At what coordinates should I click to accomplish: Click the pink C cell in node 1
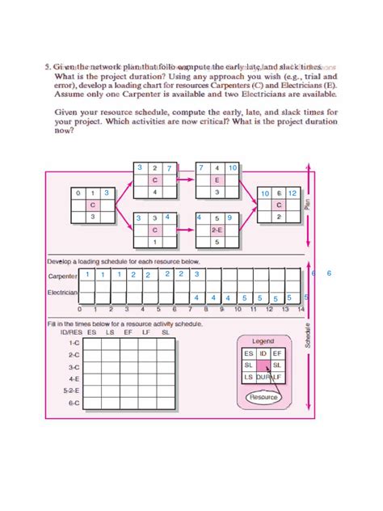point(93,205)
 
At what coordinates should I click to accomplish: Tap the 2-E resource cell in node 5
point(217,230)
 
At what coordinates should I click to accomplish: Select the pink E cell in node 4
point(217,180)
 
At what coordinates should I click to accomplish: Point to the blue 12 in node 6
point(292,194)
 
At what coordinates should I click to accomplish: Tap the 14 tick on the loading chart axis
point(301,310)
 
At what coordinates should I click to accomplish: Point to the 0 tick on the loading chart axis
point(79,310)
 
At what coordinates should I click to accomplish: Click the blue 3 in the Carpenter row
point(196,275)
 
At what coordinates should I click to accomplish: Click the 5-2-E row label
point(72,390)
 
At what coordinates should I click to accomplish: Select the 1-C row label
point(74,343)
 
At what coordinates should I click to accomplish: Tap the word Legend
point(263,340)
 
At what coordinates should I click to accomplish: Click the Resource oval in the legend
point(263,397)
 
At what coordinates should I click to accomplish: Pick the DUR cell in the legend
point(263,378)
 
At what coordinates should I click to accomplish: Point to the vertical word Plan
point(308,206)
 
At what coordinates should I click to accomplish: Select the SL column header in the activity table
point(165,332)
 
